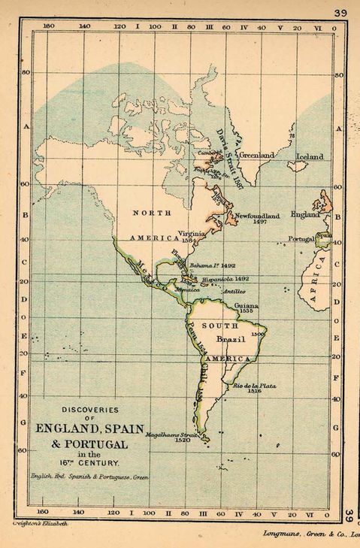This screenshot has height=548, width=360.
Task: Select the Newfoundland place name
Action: pyautogui.click(x=259, y=216)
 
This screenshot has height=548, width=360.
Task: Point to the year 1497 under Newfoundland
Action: pyautogui.click(x=262, y=223)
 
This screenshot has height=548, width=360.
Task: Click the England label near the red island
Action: pyautogui.click(x=304, y=214)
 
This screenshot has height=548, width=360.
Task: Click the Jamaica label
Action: pyautogui.click(x=186, y=288)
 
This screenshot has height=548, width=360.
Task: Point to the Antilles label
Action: pyautogui.click(x=234, y=291)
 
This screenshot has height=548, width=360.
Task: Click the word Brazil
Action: pyautogui.click(x=228, y=340)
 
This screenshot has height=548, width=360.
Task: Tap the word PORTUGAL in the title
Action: pyautogui.click(x=80, y=444)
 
